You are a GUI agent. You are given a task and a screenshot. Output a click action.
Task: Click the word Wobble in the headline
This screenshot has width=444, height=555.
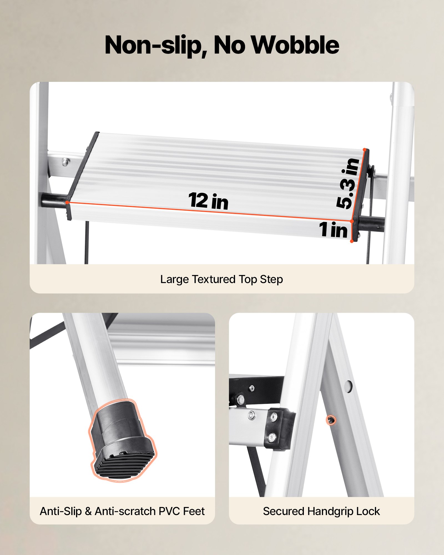(x=295, y=45)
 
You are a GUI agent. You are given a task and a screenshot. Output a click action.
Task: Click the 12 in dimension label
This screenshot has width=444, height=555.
(x=208, y=201)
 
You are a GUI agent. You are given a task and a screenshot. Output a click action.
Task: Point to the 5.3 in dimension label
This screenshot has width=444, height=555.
(x=348, y=183)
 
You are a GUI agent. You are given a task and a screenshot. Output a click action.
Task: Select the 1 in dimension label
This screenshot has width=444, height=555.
(x=333, y=229)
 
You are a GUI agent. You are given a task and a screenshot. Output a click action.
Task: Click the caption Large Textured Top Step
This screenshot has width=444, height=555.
(x=221, y=279)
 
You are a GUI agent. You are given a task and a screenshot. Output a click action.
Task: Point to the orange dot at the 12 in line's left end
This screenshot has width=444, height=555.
(x=67, y=202)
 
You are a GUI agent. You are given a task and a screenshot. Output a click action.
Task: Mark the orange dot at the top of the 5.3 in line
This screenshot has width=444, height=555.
(x=365, y=150)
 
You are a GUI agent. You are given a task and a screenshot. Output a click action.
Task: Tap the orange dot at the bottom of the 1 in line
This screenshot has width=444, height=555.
(x=352, y=241)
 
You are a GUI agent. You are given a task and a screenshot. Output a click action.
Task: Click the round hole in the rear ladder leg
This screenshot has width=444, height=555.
(x=349, y=386)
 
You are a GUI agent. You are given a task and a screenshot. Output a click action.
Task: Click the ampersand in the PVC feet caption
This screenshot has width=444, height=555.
(x=88, y=511)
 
